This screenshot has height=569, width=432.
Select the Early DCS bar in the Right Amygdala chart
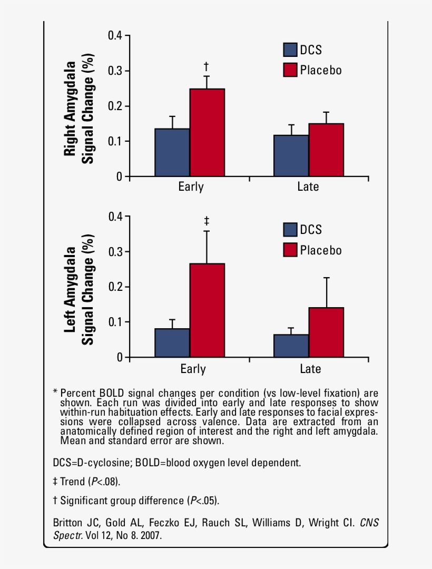click(172, 153)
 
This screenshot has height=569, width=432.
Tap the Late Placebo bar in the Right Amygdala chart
click(326, 150)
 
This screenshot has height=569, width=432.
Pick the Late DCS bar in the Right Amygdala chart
click(291, 156)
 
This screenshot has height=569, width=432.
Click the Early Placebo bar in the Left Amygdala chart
click(207, 310)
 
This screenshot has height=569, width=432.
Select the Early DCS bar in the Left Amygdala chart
click(172, 343)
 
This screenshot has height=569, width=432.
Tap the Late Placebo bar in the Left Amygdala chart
click(326, 332)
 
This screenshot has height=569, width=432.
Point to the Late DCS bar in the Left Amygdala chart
click(291, 346)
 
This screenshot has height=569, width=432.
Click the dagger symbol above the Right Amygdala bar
click(207, 66)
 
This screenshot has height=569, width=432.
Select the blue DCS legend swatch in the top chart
click(290, 50)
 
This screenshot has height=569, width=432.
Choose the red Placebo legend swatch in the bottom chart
click(290, 250)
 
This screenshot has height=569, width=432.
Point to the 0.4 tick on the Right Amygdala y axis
click(115, 35)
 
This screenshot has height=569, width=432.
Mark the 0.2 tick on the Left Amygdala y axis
click(115, 287)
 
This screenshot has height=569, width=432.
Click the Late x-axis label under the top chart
click(308, 187)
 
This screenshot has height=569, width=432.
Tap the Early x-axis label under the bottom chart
click(192, 369)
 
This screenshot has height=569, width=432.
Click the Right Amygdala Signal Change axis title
click(79, 108)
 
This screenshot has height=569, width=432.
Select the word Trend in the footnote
click(73, 482)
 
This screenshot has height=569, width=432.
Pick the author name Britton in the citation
click(68, 523)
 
